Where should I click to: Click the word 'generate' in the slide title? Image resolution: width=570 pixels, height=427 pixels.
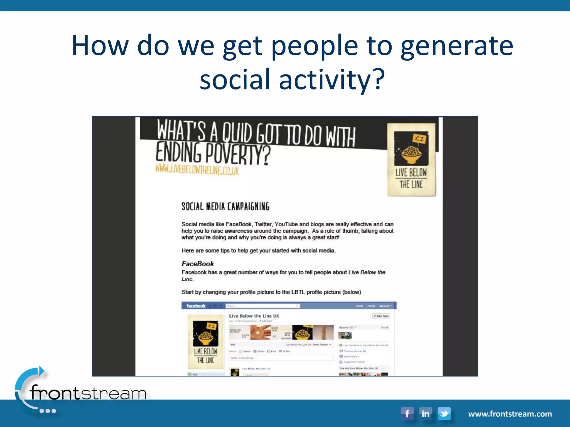(x=457, y=46)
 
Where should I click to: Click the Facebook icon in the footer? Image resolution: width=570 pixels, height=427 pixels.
(x=407, y=414)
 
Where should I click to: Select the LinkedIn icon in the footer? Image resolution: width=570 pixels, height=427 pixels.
(x=425, y=414)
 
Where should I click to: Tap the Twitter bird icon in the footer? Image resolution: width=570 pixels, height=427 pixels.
(x=444, y=414)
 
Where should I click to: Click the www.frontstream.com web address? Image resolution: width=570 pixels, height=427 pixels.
(x=510, y=414)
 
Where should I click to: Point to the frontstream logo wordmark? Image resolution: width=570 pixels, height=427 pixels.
(x=88, y=393)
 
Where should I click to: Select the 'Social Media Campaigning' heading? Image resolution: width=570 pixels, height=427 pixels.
(x=225, y=206)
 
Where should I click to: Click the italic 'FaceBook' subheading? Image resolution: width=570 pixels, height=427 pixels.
(x=198, y=264)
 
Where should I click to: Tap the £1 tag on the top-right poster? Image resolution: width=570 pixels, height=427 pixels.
(x=419, y=138)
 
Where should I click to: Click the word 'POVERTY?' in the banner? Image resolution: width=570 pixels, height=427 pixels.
(x=238, y=154)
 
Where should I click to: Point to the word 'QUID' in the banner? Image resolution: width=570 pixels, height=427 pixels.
(x=237, y=133)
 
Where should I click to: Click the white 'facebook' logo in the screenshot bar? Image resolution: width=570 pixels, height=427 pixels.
(x=196, y=306)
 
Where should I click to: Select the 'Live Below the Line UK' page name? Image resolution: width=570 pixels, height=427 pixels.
(x=254, y=316)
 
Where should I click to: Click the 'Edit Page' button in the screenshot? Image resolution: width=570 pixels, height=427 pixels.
(x=381, y=316)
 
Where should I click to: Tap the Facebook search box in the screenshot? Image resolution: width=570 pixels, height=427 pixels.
(x=262, y=306)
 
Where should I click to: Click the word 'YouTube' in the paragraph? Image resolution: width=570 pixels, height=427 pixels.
(x=286, y=224)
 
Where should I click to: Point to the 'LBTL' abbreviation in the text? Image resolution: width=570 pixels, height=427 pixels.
(x=298, y=292)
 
